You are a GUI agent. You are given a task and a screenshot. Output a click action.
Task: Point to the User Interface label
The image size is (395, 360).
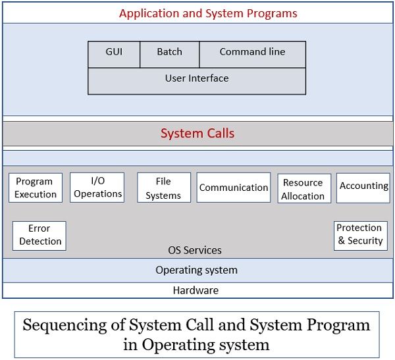pos(197,78)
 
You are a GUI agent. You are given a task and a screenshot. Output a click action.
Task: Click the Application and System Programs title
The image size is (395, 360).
pos(208,13)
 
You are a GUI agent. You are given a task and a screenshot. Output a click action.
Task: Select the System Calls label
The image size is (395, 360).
pos(197,134)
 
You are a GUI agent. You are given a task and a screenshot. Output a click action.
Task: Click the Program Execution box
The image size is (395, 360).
pos(36,188)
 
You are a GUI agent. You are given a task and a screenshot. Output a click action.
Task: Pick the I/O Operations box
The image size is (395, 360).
pos(97,187)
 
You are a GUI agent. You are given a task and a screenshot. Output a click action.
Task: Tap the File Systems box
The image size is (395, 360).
pos(163,188)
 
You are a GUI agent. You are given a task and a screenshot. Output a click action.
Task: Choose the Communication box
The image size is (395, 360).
pos(234,188)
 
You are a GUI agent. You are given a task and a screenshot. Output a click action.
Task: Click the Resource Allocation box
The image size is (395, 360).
pos(303,189)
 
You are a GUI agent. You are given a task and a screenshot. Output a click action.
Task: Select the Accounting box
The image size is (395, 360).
pos(363,186)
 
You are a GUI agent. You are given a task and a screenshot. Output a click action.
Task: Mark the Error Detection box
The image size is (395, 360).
pos(39,235)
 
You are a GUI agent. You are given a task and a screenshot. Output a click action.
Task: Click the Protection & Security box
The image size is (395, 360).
pos(360,234)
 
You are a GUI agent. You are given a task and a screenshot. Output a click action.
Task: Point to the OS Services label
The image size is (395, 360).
pos(195,250)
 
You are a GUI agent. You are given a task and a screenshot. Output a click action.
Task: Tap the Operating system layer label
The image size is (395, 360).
pos(196,270)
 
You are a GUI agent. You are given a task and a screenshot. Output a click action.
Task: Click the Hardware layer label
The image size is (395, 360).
pos(196,290)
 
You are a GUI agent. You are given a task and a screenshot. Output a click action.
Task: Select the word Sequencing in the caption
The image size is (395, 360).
pos(63,325)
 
